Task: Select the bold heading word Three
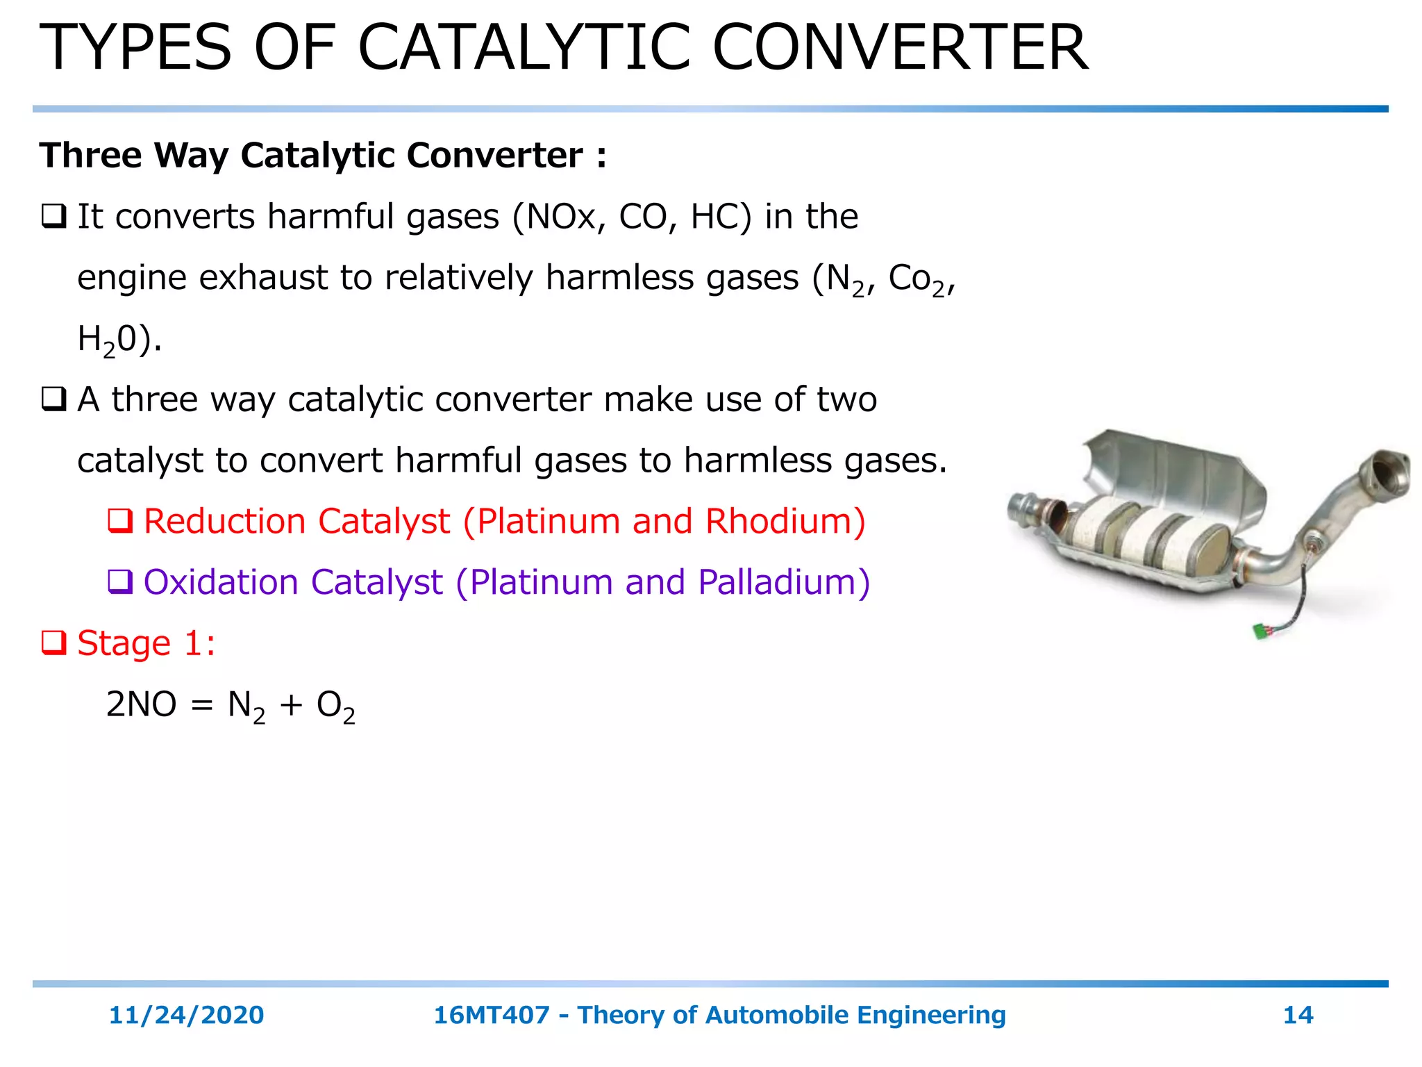[90, 155]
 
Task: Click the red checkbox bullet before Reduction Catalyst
[120, 520]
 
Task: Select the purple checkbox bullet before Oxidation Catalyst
[120, 581]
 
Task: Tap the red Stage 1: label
[146, 643]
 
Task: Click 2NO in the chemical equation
[141, 704]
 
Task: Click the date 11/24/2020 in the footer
[186, 1015]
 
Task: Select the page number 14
[1298, 1015]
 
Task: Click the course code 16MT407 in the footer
[491, 1015]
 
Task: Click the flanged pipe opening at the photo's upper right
[1385, 475]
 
